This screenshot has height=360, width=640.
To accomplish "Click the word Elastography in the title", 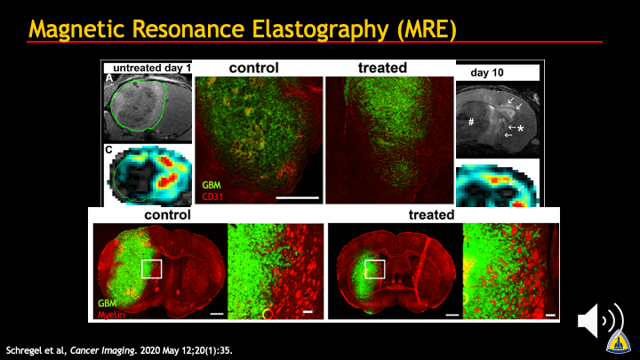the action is (x=320, y=28).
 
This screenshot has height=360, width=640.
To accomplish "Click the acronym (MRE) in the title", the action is (x=427, y=28).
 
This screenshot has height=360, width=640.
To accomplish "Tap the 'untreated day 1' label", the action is (x=152, y=68).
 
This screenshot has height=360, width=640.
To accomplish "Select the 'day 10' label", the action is (x=487, y=73).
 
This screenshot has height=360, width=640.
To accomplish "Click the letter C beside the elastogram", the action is (x=108, y=150).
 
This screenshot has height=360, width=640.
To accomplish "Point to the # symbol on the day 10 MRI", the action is (x=471, y=122).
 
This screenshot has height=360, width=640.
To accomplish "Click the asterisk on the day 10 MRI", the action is (x=520, y=129).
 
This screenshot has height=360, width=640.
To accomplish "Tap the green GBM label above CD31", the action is (x=212, y=185).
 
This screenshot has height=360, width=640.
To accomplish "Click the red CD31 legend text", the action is (x=212, y=196).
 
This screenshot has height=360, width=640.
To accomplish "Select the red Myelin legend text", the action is (x=111, y=315).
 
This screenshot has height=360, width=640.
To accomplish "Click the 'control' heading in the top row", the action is (x=254, y=68).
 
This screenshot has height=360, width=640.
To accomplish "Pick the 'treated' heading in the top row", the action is (x=382, y=68).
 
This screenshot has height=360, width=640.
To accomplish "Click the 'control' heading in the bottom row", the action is (x=167, y=215).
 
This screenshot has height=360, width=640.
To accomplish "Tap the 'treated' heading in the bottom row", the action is (x=431, y=215).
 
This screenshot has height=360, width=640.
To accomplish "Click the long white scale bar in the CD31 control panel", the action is (x=297, y=198).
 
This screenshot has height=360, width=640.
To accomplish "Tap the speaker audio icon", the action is (x=600, y=320).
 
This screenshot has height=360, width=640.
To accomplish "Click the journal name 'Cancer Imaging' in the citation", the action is (x=102, y=350).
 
